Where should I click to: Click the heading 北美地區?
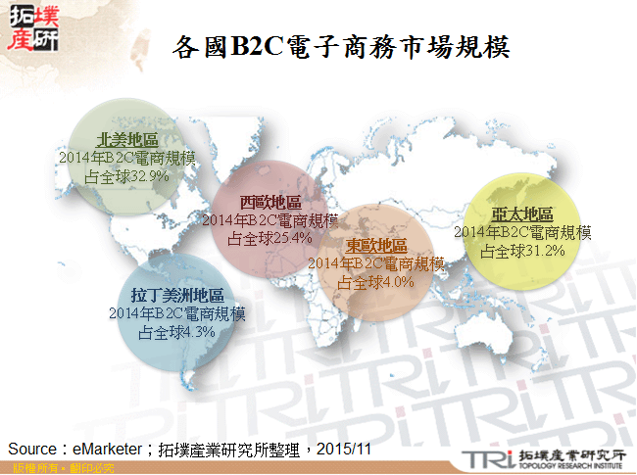(127, 141)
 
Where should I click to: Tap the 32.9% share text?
(127, 176)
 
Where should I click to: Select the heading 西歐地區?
(270, 203)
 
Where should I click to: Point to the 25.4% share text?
(269, 237)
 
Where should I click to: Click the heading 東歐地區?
(376, 246)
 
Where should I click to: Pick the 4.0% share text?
(376, 281)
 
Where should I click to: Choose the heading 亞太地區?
(522, 215)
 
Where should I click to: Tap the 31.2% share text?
(522, 251)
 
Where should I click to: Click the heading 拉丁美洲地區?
(177, 296)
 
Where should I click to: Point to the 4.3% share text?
(177, 331)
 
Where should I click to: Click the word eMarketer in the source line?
(108, 448)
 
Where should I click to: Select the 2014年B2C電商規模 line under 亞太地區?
(522, 233)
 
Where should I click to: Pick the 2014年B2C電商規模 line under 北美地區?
(127, 159)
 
